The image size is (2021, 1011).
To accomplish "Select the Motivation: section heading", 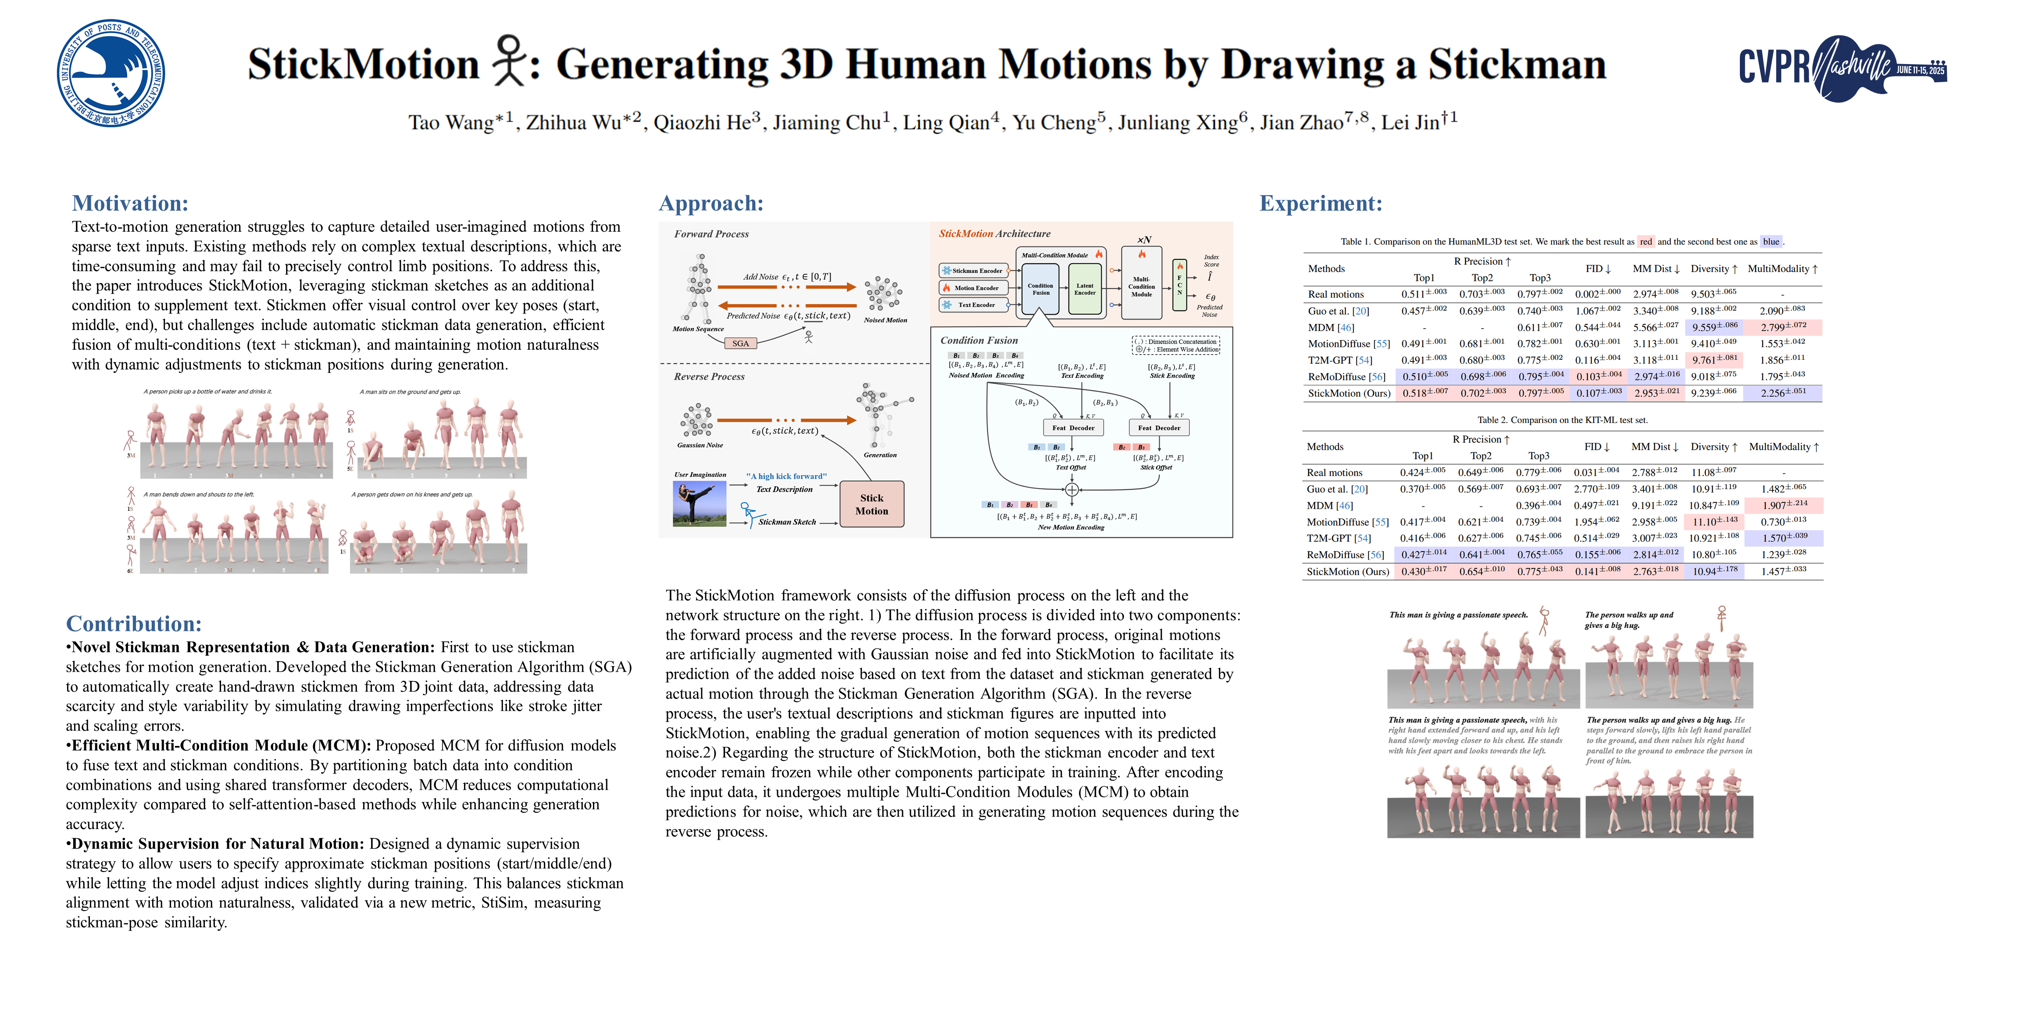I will pyautogui.click(x=130, y=203).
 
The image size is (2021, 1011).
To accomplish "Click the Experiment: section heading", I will pyautogui.click(x=1321, y=203).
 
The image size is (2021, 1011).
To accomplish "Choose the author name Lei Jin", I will pyautogui.click(x=1410, y=122).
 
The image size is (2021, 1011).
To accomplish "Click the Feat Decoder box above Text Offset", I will pyautogui.click(x=1072, y=428).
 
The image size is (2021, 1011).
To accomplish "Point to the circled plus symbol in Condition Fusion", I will pyautogui.click(x=1072, y=489).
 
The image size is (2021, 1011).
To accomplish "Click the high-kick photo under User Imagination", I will pyautogui.click(x=699, y=504).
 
